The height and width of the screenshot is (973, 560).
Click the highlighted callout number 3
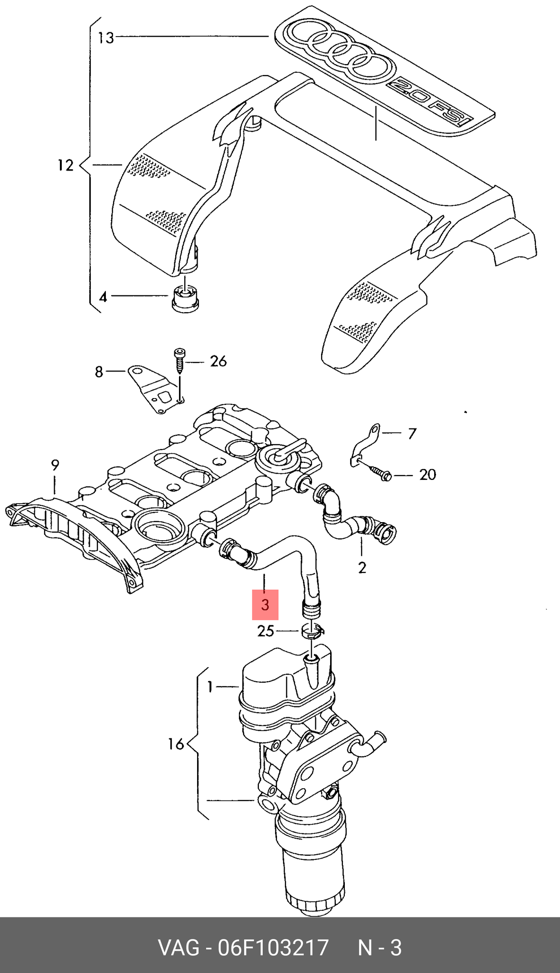click(x=265, y=605)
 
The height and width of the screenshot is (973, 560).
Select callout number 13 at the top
click(x=106, y=37)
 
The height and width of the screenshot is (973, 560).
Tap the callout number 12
click(x=66, y=165)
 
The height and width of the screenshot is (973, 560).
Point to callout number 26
click(x=218, y=362)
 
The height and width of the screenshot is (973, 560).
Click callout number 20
click(x=427, y=475)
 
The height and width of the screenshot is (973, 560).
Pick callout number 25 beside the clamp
click(x=266, y=631)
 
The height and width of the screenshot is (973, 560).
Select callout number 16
click(x=176, y=744)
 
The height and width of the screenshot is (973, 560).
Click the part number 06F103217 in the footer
click(x=273, y=947)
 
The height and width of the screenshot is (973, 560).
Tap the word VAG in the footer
click(x=179, y=947)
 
